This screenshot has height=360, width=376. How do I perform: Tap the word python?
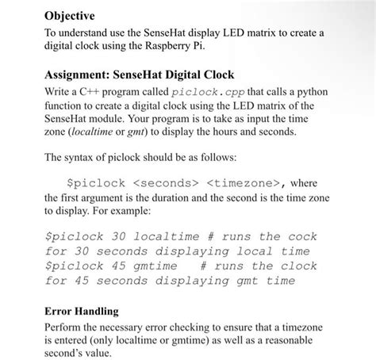coord(310,92)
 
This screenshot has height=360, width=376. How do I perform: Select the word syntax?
coord(86,158)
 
